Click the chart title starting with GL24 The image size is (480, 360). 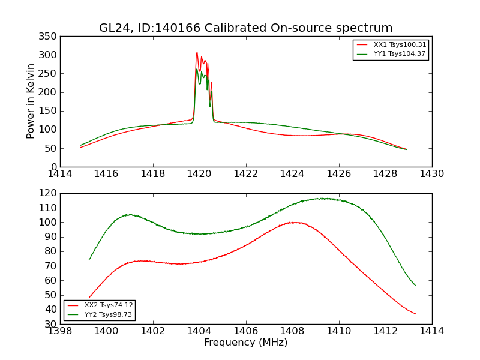click(x=246, y=28)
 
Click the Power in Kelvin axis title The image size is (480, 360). click(x=31, y=101)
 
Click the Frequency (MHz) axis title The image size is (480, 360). click(x=246, y=343)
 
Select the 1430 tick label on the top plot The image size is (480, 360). click(x=432, y=174)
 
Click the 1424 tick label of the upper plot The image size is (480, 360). click(x=292, y=174)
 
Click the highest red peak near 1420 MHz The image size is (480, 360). click(x=197, y=53)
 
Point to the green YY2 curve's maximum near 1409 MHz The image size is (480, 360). click(x=323, y=198)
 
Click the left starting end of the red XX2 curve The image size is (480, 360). click(x=89, y=298)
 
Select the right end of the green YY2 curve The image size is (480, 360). click(x=415, y=286)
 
